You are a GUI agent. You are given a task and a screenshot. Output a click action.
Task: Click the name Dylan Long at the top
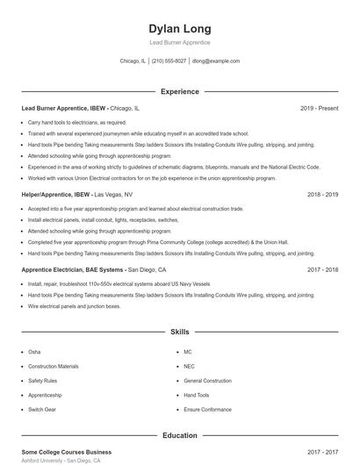[180, 29]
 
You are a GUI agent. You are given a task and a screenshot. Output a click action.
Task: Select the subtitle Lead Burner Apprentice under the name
[180, 42]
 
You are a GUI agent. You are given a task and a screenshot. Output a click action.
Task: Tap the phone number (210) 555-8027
[169, 61]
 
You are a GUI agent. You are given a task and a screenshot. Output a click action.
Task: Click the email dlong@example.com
[216, 61]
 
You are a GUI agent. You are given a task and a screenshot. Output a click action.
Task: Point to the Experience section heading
[180, 91]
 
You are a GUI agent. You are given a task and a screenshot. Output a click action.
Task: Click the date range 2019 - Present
[319, 108]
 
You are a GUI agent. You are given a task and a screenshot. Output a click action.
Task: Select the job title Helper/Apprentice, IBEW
[56, 194]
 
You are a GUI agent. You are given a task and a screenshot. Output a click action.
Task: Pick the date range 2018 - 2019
[323, 194]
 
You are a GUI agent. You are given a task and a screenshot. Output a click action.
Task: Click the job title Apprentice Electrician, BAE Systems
[74, 270]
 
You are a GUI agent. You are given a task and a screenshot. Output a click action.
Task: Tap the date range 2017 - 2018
[323, 270]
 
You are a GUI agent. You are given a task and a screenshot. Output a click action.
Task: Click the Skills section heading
[180, 333]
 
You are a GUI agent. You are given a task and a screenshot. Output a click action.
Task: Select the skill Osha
[34, 351]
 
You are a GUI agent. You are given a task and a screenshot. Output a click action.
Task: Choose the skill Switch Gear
[41, 410]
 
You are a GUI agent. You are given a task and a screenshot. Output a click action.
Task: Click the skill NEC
[189, 366]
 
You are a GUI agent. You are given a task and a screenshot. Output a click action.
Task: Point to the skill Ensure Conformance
[207, 410]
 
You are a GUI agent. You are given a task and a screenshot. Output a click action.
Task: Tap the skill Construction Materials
[54, 366]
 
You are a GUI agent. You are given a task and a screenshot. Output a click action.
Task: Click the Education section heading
[180, 434]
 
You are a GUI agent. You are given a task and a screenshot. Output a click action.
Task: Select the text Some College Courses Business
[66, 452]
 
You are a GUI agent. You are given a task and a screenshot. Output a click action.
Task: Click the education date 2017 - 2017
[323, 452]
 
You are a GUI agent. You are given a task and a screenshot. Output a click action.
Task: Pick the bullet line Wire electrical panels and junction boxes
[75, 307]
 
